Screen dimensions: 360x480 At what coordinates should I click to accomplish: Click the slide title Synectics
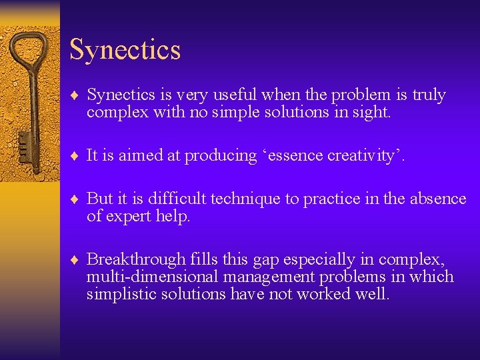click(125, 50)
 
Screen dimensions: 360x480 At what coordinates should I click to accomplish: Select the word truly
click(428, 95)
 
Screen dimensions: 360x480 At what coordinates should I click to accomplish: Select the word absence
click(438, 199)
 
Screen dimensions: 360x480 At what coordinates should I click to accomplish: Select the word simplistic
click(120, 294)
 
